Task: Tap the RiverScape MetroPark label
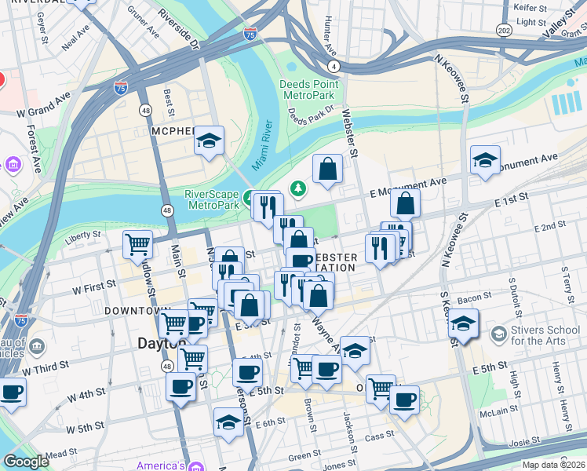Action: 211,199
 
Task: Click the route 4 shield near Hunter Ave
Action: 334,66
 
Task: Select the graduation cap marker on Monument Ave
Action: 485,159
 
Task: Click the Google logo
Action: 26,462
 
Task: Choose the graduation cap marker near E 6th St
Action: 229,421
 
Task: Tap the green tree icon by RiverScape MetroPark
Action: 298,188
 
